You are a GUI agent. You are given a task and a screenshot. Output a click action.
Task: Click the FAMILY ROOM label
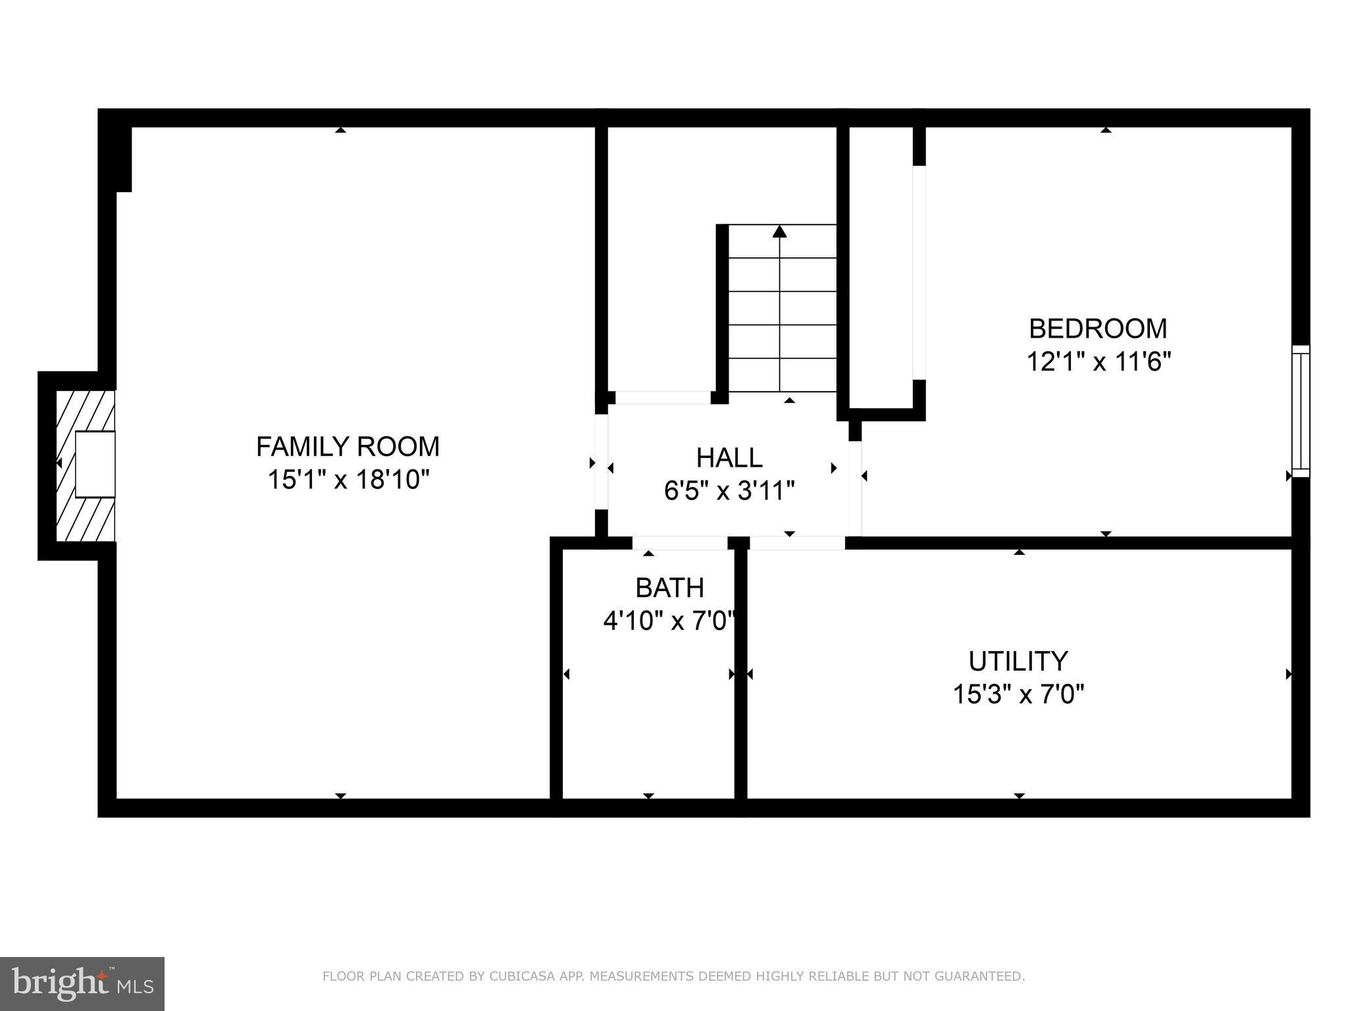click(348, 447)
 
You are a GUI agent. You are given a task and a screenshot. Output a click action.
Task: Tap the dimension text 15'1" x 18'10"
click(348, 480)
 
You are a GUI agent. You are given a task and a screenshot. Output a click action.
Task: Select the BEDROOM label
click(1098, 328)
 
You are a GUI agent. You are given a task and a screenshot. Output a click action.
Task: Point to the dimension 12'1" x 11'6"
click(1099, 361)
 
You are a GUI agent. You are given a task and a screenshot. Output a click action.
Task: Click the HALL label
click(729, 457)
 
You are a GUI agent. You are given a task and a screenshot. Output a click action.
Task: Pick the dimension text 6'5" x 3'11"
click(729, 491)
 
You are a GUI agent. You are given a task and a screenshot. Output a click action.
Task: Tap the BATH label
click(669, 587)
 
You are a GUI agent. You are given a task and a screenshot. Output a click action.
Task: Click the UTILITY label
click(1018, 660)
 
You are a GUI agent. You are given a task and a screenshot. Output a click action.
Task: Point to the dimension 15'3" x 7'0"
click(1018, 694)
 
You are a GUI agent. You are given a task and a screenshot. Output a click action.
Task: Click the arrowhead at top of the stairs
click(780, 231)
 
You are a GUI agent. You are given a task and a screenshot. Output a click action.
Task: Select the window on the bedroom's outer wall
click(1301, 411)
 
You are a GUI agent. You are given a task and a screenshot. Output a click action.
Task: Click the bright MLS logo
click(82, 983)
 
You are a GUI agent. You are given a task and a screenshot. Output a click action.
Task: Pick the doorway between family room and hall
click(601, 461)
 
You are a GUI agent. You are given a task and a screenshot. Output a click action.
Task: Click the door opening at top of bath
click(680, 543)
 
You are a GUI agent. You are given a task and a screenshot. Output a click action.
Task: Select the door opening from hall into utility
click(797, 543)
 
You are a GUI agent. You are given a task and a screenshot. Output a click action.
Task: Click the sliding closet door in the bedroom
click(919, 272)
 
